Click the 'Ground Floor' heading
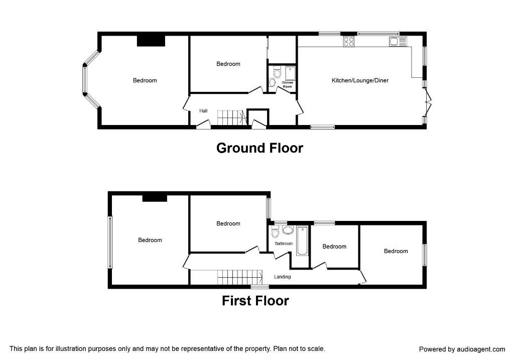260,148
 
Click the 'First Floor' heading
255,301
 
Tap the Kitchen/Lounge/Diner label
360,80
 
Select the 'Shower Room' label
287,84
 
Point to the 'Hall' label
203,111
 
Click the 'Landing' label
282,277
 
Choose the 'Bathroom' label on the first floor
283,244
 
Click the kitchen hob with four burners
348,42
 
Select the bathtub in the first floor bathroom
302,241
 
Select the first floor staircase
240,277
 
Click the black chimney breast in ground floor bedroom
151,41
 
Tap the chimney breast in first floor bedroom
154,198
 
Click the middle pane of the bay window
85,80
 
